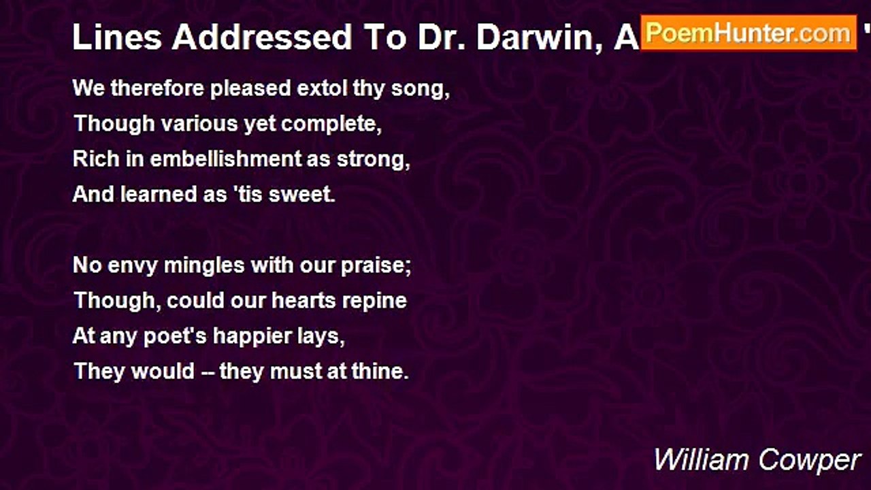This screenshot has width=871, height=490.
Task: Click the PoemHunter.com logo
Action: tap(749, 33)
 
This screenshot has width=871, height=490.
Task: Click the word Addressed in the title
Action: tap(262, 38)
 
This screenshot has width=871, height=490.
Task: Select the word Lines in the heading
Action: tap(117, 38)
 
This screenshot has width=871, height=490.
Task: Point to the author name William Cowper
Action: tap(757, 460)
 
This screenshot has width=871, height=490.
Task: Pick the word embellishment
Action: tap(225, 159)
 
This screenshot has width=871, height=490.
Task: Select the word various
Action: tap(190, 125)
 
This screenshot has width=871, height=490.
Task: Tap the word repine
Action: tap(376, 301)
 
